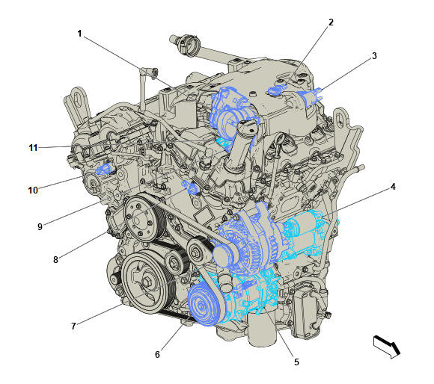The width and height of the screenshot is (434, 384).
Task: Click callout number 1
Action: point(79,34)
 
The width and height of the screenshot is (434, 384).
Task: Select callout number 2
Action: point(330,22)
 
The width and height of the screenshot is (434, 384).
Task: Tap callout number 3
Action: point(373,55)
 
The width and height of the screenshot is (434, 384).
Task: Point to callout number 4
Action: point(391,188)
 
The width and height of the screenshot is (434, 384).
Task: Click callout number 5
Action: point(296,362)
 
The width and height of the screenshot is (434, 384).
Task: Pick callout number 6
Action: point(157,354)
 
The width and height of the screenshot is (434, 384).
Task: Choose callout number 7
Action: point(73,326)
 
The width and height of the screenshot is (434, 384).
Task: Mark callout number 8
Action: point(55,260)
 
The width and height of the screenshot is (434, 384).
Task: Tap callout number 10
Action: point(33,190)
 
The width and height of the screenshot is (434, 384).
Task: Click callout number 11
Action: point(33,148)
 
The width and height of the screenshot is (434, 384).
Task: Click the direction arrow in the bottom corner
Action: point(387,346)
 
